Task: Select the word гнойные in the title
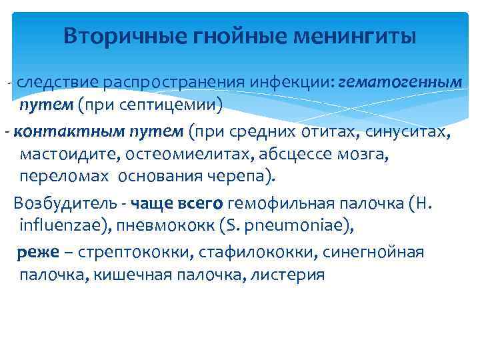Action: click(x=227, y=36)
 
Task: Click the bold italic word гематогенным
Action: click(x=400, y=82)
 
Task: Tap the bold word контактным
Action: click(x=54, y=131)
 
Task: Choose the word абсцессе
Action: click(x=279, y=154)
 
